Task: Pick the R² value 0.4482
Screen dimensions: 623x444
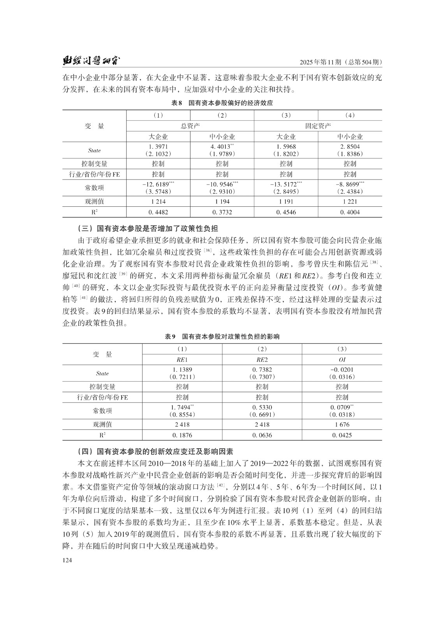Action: click(158, 212)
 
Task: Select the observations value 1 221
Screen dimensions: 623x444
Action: click(350, 202)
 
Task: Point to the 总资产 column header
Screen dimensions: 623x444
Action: click(190, 126)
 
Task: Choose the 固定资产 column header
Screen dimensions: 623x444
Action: click(318, 126)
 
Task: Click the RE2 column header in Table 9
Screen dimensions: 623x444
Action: click(262, 360)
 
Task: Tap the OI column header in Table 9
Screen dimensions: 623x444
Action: click(342, 360)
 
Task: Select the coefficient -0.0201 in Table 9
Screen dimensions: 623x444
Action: click(342, 370)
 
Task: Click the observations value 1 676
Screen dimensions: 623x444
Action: click(342, 424)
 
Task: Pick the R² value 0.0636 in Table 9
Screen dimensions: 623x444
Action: click(262, 435)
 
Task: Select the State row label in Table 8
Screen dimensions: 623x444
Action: click(94, 150)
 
